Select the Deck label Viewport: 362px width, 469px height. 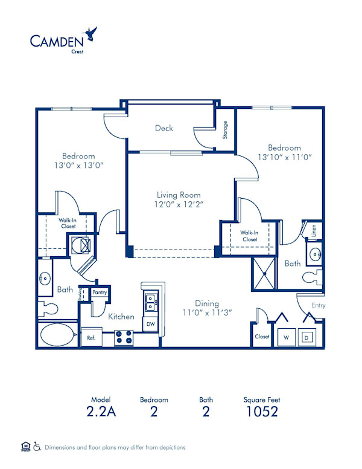(x=164, y=128)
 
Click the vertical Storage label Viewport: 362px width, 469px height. (x=225, y=130)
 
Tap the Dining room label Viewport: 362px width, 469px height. (x=206, y=303)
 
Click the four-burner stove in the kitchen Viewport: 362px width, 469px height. (x=124, y=337)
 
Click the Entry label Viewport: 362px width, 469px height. (x=318, y=305)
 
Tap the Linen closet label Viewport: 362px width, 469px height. (x=314, y=230)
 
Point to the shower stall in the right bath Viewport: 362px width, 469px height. (x=264, y=272)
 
